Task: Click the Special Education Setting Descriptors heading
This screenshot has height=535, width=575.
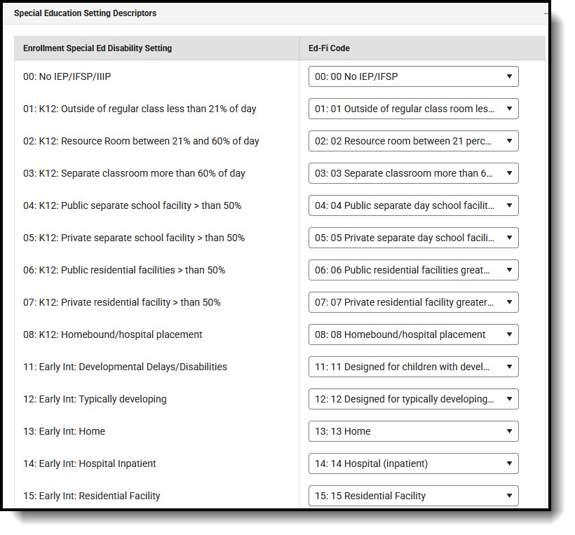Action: coord(85,13)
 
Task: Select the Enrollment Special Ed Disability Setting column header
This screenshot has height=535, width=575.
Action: coord(97,48)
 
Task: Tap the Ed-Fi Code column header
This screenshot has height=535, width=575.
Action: coord(329,48)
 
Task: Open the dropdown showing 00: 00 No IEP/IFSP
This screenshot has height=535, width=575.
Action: coord(413,76)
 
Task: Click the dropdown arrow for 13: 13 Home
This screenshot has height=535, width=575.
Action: coord(509,431)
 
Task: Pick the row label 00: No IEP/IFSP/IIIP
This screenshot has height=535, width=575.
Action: coord(67,76)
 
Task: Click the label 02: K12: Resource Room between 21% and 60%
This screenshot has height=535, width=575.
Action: coord(141,141)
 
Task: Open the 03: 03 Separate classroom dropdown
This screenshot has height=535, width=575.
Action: coord(413,173)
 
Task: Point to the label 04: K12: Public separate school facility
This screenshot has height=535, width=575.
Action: coord(132,205)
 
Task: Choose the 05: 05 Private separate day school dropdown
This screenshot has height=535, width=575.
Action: coord(413,238)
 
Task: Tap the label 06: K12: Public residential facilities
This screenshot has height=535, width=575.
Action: coord(124,270)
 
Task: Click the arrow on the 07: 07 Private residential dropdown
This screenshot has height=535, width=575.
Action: coord(509,302)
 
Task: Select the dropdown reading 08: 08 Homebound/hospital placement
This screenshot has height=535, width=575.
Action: coord(413,334)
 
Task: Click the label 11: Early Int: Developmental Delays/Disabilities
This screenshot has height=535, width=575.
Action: coord(125,367)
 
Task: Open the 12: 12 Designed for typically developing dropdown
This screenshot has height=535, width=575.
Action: coord(413,399)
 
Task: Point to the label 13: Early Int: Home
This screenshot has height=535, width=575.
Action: coord(65,431)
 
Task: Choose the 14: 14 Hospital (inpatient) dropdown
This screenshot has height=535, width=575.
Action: coord(413,463)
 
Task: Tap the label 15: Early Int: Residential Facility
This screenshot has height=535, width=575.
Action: coord(92,496)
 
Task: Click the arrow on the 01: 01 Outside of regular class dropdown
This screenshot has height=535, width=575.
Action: coord(509,109)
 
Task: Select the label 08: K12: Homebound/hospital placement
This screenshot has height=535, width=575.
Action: coord(113,334)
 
